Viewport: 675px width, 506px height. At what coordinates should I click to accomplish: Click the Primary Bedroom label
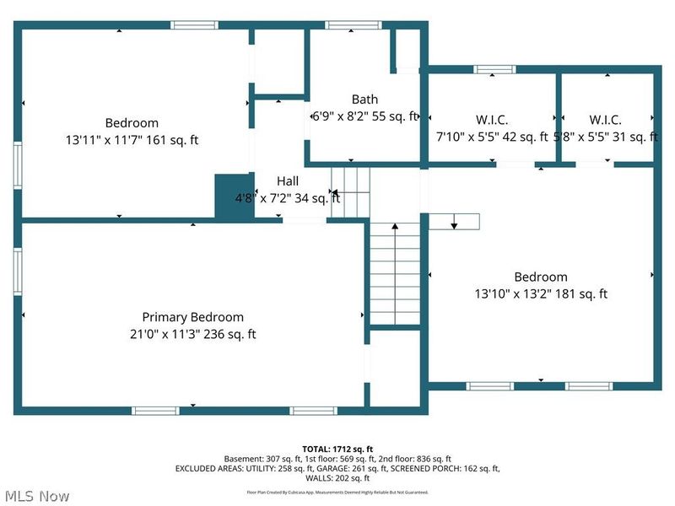(x=192, y=317)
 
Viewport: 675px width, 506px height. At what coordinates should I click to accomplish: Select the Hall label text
(x=288, y=181)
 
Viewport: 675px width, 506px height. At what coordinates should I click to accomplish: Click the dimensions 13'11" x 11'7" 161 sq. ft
(x=131, y=140)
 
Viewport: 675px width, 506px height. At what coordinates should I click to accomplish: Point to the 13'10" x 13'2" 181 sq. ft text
(x=540, y=294)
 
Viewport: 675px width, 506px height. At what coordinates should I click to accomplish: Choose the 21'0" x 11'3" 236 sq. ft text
(x=192, y=335)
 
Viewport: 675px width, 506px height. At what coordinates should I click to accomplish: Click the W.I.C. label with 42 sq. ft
(x=490, y=121)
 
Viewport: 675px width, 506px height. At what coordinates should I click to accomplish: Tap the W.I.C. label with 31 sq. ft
(x=606, y=121)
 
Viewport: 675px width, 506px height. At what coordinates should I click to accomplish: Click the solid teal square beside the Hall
(x=235, y=198)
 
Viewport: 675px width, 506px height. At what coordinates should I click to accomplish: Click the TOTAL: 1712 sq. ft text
(x=337, y=449)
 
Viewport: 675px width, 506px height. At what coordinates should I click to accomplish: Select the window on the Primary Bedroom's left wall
(x=17, y=271)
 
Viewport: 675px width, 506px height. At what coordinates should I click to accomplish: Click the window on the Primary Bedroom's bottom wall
(x=155, y=411)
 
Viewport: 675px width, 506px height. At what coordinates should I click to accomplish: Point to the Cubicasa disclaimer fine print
(x=337, y=492)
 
